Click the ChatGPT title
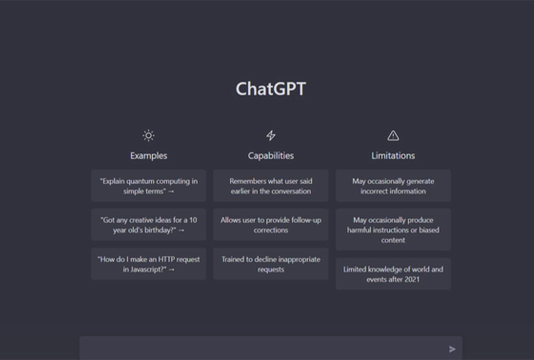[270, 89]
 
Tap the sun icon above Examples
[148, 135]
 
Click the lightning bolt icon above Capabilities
[270, 135]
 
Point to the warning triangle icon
[393, 135]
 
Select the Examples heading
[148, 155]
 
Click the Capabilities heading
[270, 155]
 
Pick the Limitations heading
[393, 155]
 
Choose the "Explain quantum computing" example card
[148, 185]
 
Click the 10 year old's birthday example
[148, 225]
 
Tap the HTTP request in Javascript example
[148, 264]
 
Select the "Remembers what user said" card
[270, 185]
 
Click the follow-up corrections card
[270, 225]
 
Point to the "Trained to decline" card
[270, 264]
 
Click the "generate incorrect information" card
[393, 185]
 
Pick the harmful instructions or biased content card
[393, 229]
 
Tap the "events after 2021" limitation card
[393, 274]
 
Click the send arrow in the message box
[452, 349]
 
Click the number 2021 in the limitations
[411, 279]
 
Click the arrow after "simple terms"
[171, 191]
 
